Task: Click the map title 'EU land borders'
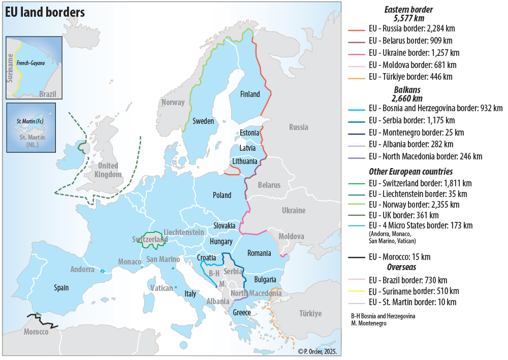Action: click(x=45, y=13)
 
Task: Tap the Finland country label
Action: click(x=250, y=94)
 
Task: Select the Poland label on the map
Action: click(x=222, y=195)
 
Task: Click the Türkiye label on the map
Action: click(x=310, y=313)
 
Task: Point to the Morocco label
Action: click(x=36, y=332)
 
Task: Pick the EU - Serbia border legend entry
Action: click(x=411, y=120)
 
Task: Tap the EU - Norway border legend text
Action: click(x=414, y=205)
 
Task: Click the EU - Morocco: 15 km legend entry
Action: click(x=399, y=256)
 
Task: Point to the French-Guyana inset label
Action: click(x=30, y=63)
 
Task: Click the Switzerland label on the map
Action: click(x=150, y=239)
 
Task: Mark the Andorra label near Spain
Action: click(x=82, y=270)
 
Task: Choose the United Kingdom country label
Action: click(x=108, y=170)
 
